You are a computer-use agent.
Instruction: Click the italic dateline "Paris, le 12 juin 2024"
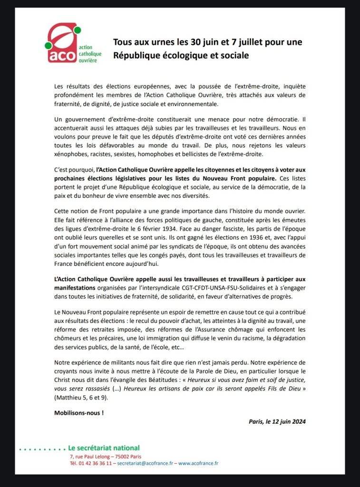point(277,421)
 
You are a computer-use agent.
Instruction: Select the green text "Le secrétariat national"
point(104,448)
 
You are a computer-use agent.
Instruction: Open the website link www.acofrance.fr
point(198,463)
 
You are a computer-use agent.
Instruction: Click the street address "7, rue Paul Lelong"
point(89,456)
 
